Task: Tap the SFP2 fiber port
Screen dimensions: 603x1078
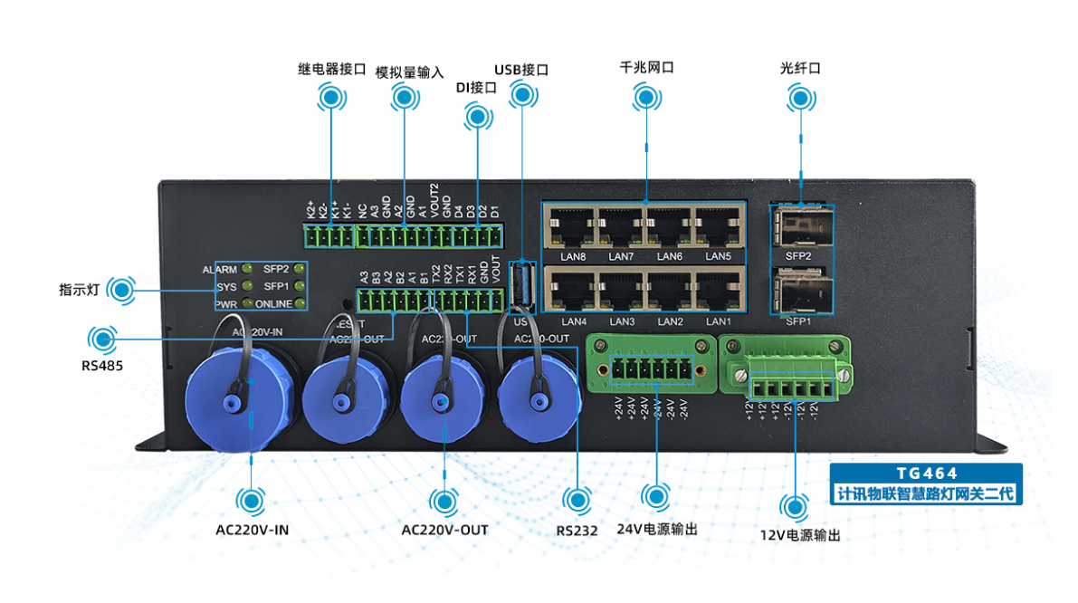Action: point(801,226)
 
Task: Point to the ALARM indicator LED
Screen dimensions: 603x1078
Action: point(246,270)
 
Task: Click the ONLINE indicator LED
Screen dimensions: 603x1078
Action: point(299,304)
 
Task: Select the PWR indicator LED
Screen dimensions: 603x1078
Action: point(246,304)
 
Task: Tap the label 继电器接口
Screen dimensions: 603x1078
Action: point(331,69)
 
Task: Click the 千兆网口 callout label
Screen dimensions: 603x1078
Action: point(646,68)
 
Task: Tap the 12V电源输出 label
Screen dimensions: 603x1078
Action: point(800,535)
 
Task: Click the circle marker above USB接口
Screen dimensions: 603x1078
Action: point(521,94)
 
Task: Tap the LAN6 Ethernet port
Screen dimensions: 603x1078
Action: point(669,227)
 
